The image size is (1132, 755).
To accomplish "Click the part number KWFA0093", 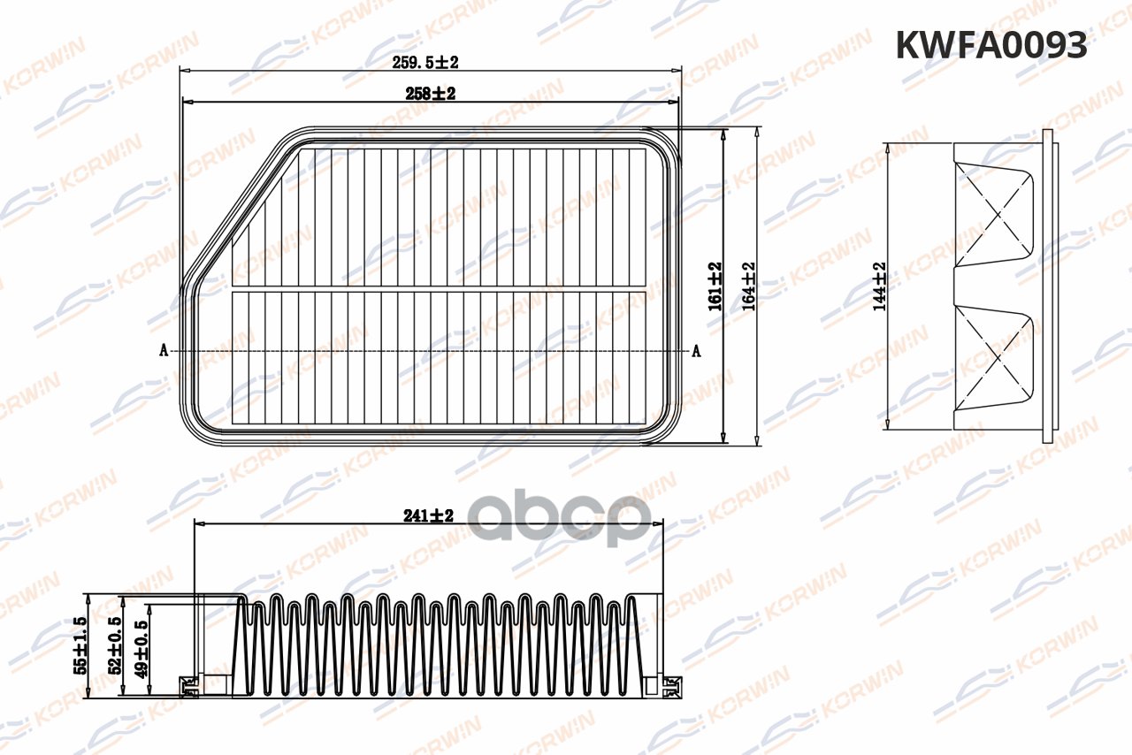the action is pyautogui.click(x=991, y=45).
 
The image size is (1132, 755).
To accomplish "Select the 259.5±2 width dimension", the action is pyautogui.click(x=425, y=63).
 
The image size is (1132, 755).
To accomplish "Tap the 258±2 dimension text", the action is pyautogui.click(x=430, y=94).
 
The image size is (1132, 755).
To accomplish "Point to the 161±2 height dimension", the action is pyautogui.click(x=715, y=286).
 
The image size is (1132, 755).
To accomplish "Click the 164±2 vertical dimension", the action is pyautogui.click(x=748, y=286).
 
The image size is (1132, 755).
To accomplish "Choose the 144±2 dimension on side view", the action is pyautogui.click(x=880, y=286).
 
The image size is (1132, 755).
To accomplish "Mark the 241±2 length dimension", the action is pyautogui.click(x=428, y=515).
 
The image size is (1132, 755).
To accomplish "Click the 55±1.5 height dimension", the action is pyautogui.click(x=80, y=645).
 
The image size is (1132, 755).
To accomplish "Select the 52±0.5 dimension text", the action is pyautogui.click(x=114, y=645).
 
